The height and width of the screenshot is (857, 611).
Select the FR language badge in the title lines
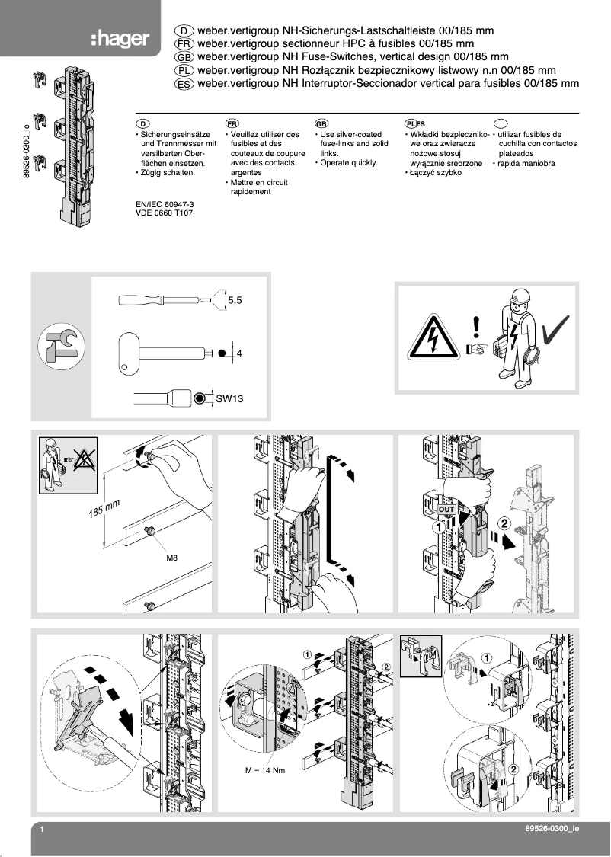coord(184,43)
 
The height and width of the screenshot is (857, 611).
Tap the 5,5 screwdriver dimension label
coord(235,301)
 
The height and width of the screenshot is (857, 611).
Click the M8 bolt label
coord(171,558)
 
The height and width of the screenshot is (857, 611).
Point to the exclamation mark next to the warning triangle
coord(477,327)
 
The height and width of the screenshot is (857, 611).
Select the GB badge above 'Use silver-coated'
coord(321,123)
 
